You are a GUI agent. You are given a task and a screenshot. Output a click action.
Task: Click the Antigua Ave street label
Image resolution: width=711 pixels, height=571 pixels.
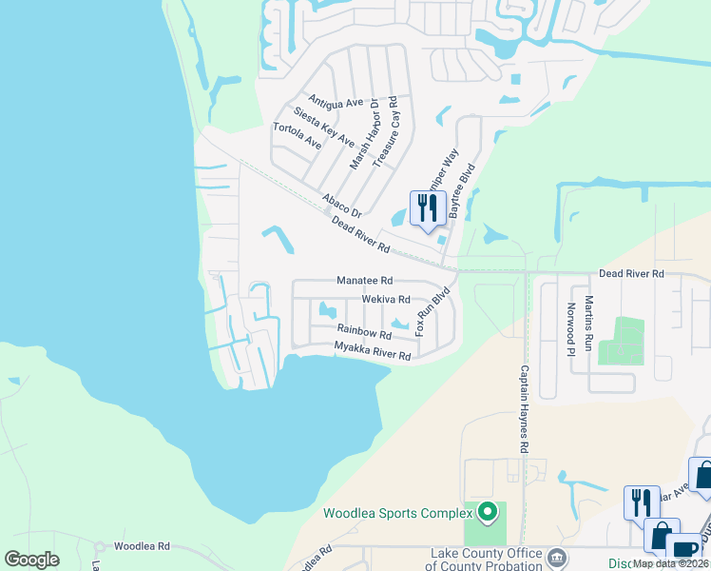(x=336, y=102)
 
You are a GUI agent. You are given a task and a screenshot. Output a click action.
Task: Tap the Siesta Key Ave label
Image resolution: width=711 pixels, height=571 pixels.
(x=324, y=126)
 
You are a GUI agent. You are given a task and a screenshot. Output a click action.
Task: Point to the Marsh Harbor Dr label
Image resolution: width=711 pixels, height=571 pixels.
(x=364, y=133)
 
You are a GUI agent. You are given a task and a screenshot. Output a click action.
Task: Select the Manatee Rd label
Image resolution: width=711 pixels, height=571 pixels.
(x=364, y=281)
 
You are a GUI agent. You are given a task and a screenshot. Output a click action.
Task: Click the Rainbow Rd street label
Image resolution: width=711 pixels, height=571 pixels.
(x=364, y=331)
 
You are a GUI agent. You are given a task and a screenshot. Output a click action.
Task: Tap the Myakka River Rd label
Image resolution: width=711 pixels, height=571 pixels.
(x=373, y=351)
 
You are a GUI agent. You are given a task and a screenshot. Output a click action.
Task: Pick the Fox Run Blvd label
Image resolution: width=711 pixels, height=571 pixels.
(x=431, y=312)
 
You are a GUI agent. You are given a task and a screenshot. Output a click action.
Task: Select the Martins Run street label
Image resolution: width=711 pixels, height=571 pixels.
(x=589, y=324)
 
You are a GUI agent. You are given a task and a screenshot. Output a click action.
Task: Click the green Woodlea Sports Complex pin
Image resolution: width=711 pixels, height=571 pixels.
(x=488, y=512)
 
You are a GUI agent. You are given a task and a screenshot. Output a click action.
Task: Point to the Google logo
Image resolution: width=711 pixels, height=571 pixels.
(x=32, y=559)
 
